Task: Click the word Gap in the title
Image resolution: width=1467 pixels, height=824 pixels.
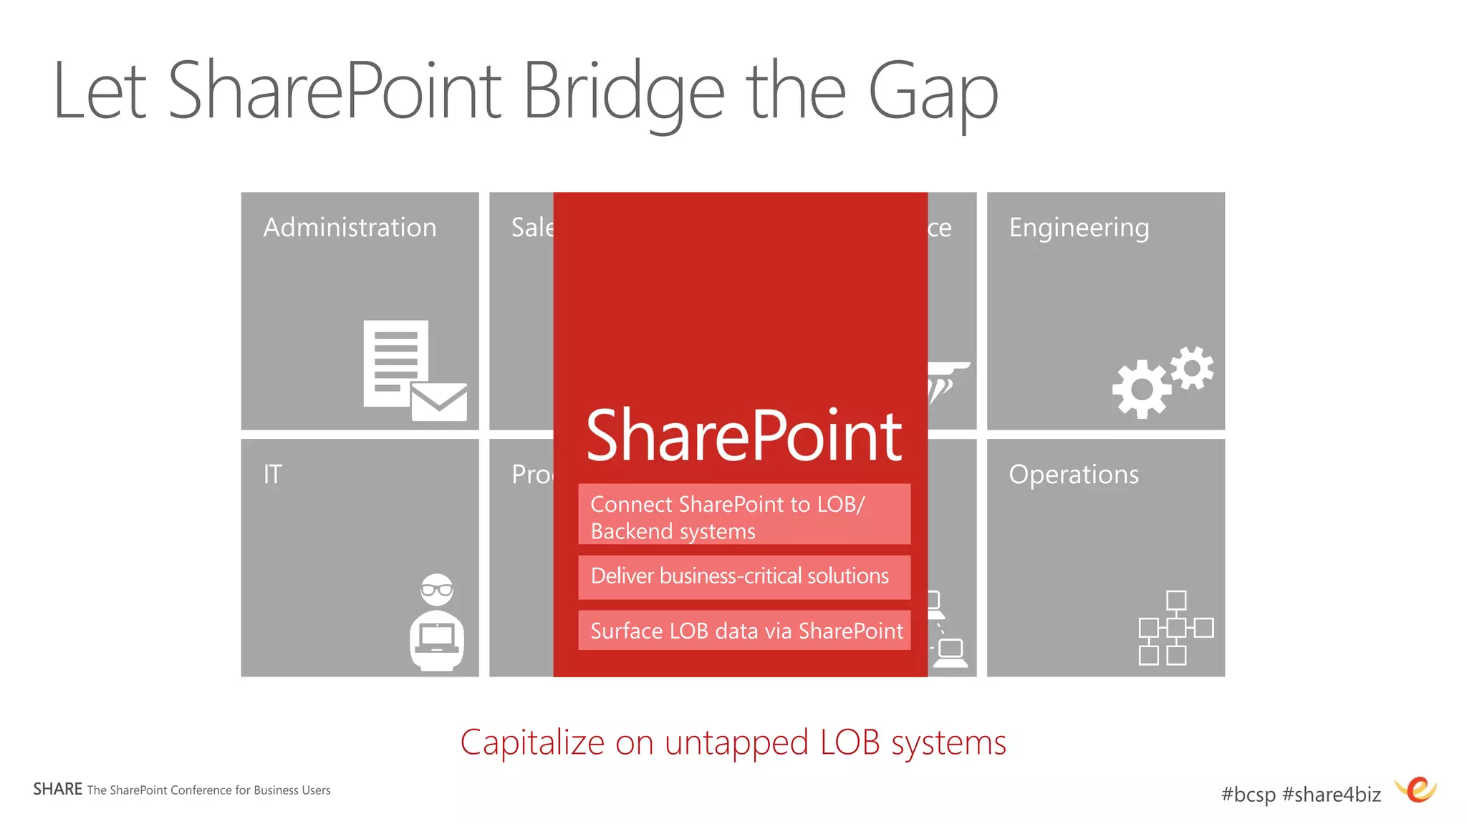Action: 933,93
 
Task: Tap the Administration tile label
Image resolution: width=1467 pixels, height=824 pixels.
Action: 350,228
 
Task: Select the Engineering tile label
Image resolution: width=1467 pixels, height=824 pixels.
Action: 1079,228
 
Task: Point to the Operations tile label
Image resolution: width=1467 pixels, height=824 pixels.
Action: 1073,475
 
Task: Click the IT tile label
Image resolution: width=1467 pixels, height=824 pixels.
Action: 272,475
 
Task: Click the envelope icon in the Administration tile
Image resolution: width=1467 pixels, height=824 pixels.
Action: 439,402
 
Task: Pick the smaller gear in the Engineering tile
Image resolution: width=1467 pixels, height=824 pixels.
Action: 1193,368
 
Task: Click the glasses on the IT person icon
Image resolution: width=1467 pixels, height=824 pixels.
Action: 437,590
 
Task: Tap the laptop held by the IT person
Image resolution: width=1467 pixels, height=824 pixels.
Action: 437,637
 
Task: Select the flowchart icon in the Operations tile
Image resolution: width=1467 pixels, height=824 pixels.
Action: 1175,628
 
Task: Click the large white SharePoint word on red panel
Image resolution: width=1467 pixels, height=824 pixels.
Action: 744,436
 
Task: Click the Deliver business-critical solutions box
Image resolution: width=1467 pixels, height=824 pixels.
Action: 744,577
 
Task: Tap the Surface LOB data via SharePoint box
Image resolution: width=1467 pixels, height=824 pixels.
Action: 744,631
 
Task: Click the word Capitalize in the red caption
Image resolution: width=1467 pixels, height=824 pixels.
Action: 532,742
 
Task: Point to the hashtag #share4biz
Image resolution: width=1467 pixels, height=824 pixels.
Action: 1331,794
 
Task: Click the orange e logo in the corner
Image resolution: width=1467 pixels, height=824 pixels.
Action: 1417,790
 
